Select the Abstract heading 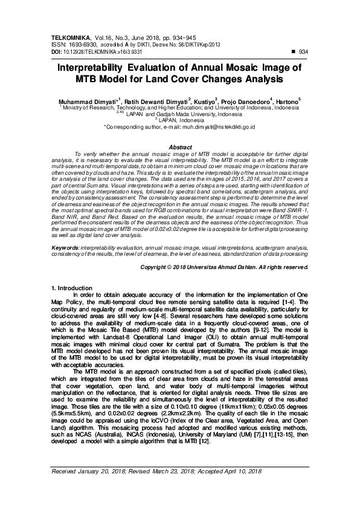point(180,147)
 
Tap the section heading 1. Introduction point(75,288)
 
